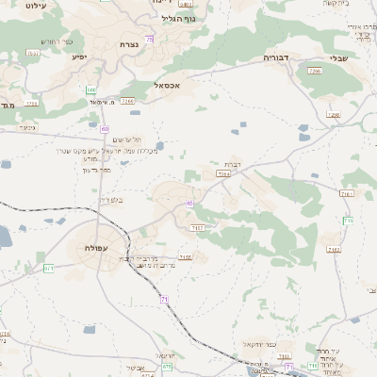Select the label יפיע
click(80, 57)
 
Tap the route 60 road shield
click(105, 128)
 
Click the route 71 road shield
click(164, 299)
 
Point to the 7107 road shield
click(197, 228)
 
